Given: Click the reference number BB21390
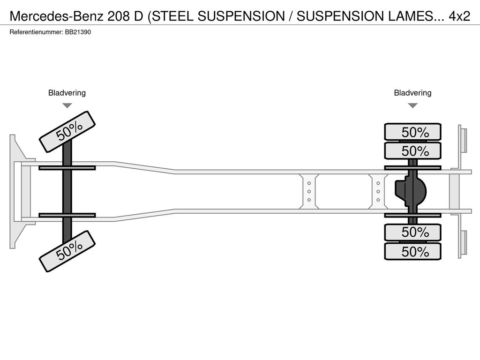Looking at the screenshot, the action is tap(78, 32).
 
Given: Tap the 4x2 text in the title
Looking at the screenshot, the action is tap(459, 16).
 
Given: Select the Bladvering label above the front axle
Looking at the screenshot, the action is tap(67, 93).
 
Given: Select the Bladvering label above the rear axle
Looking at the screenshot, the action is tap(412, 93).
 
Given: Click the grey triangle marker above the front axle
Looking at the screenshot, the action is tap(67, 105).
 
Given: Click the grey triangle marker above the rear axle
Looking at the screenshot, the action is tap(412, 105).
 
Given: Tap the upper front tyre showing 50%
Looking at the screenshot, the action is tap(67, 132).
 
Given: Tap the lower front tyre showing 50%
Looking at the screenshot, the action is tap(67, 251).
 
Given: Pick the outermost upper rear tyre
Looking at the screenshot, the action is tap(412, 132).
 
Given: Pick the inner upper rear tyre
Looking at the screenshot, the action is tap(412, 150).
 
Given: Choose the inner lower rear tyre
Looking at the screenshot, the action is tap(412, 232).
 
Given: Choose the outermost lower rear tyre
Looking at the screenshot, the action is tap(412, 251).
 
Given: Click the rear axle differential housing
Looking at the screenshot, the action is tap(411, 192).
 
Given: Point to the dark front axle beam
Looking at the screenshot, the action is tap(67, 191).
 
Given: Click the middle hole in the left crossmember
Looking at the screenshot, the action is tap(309, 192).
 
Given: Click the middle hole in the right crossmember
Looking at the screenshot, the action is tap(378, 192).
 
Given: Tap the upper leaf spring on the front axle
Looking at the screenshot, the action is tap(67, 168).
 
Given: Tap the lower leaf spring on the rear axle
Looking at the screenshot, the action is tap(412, 215).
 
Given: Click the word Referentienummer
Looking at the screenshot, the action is tap(37, 32).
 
